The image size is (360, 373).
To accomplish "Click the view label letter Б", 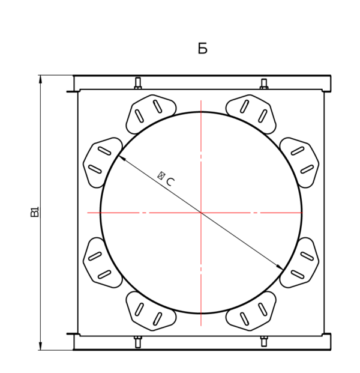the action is coord(202,48).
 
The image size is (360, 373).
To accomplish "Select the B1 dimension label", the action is coord(35,211).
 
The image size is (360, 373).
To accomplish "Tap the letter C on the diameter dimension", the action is coord(170,182).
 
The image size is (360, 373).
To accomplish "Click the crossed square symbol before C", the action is coord(161,175).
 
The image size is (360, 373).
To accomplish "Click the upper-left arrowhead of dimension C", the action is coord(121,158).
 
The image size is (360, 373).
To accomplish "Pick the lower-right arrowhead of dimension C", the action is coord(280,267).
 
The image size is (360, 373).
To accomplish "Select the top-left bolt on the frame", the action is coord(138,83).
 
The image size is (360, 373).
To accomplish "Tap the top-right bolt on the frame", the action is coord(264,83).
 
